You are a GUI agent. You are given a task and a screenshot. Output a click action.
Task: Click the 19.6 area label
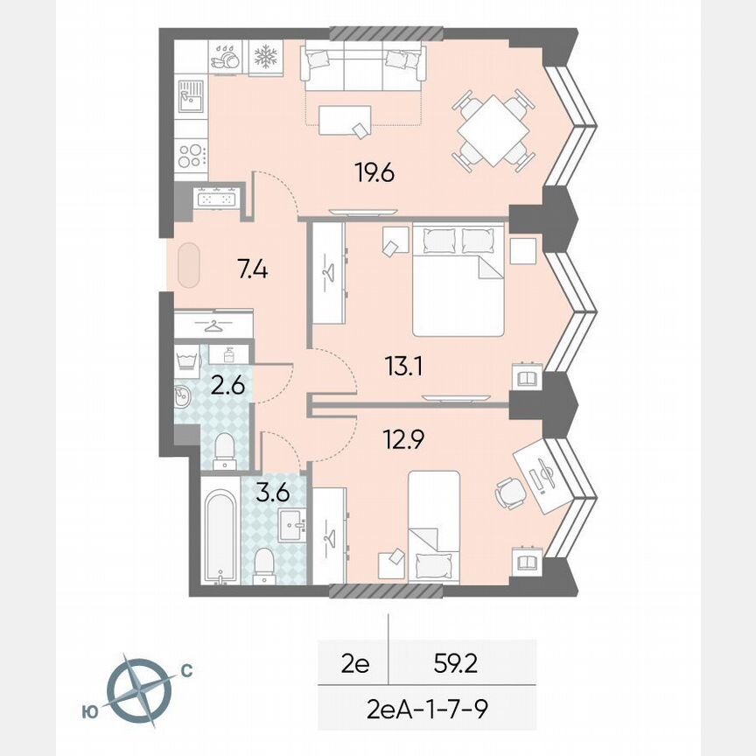click(375, 173)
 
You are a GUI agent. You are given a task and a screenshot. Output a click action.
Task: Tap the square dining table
click(493, 130)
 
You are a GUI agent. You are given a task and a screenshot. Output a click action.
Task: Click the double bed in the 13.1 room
click(458, 279)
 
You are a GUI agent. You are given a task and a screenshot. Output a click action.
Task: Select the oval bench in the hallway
click(189, 267)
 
